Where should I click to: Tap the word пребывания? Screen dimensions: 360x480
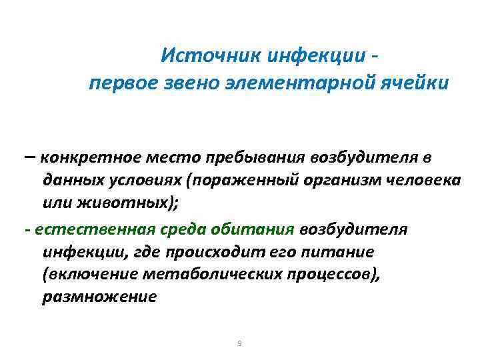259,158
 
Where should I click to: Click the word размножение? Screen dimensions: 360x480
99,297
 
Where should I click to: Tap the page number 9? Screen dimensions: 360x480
239,343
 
